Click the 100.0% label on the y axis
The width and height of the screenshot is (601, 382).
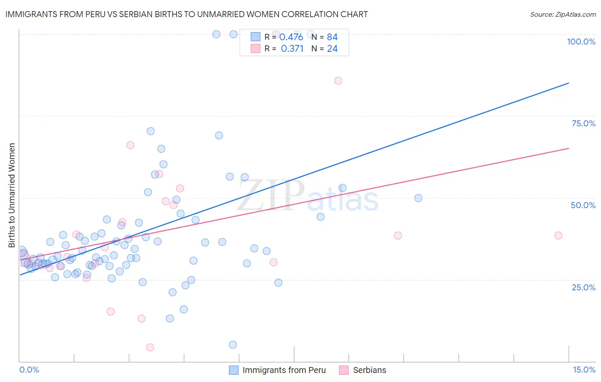click(581, 42)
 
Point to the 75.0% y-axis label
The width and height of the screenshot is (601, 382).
click(583, 123)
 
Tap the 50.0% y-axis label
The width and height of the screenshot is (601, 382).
click(583, 205)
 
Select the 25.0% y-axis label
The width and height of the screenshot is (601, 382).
click(583, 287)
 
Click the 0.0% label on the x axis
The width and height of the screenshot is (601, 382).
click(29, 370)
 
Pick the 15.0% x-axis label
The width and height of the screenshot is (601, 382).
click(584, 370)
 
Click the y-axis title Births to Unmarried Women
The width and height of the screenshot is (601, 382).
click(12, 195)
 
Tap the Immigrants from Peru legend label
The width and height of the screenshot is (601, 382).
click(284, 370)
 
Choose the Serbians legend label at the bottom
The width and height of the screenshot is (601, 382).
click(369, 370)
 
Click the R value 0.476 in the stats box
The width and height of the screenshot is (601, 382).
click(291, 37)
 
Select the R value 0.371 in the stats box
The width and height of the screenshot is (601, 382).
click(292, 49)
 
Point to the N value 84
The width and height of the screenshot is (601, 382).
click(332, 37)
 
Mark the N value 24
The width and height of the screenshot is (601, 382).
click(332, 49)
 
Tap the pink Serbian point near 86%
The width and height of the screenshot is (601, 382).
click(338, 81)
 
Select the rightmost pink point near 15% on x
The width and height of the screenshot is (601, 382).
click(558, 236)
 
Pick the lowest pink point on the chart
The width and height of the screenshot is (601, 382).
click(150, 347)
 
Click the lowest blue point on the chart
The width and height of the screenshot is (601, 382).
click(233, 345)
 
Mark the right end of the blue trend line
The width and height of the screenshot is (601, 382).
click(569, 83)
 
